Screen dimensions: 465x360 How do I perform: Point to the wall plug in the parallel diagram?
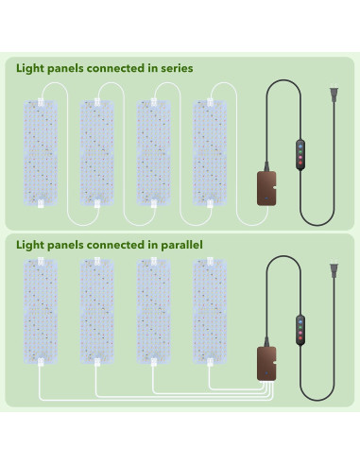pos(331,269)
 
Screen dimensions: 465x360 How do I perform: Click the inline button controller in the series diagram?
pos(300,154)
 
